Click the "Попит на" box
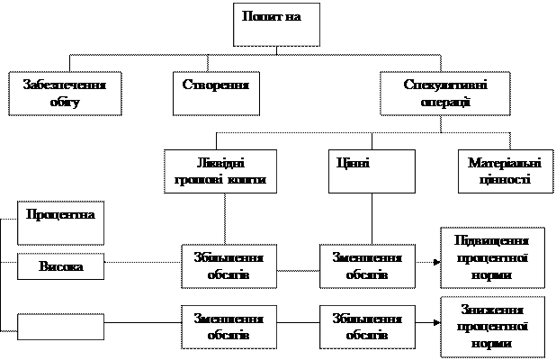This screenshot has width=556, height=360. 277,26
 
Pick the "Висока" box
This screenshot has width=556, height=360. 61,267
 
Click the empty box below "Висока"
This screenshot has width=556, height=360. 61,326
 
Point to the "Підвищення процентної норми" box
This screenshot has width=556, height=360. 493,256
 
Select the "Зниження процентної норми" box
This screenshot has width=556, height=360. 493,325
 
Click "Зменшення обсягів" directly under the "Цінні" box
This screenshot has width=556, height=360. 366,265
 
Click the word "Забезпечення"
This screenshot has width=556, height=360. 66,85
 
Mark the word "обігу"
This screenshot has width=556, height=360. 66,102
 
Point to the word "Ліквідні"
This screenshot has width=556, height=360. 221,163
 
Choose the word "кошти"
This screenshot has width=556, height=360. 247,180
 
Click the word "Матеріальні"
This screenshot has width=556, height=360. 505,163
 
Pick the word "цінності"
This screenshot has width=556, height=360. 505,179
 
